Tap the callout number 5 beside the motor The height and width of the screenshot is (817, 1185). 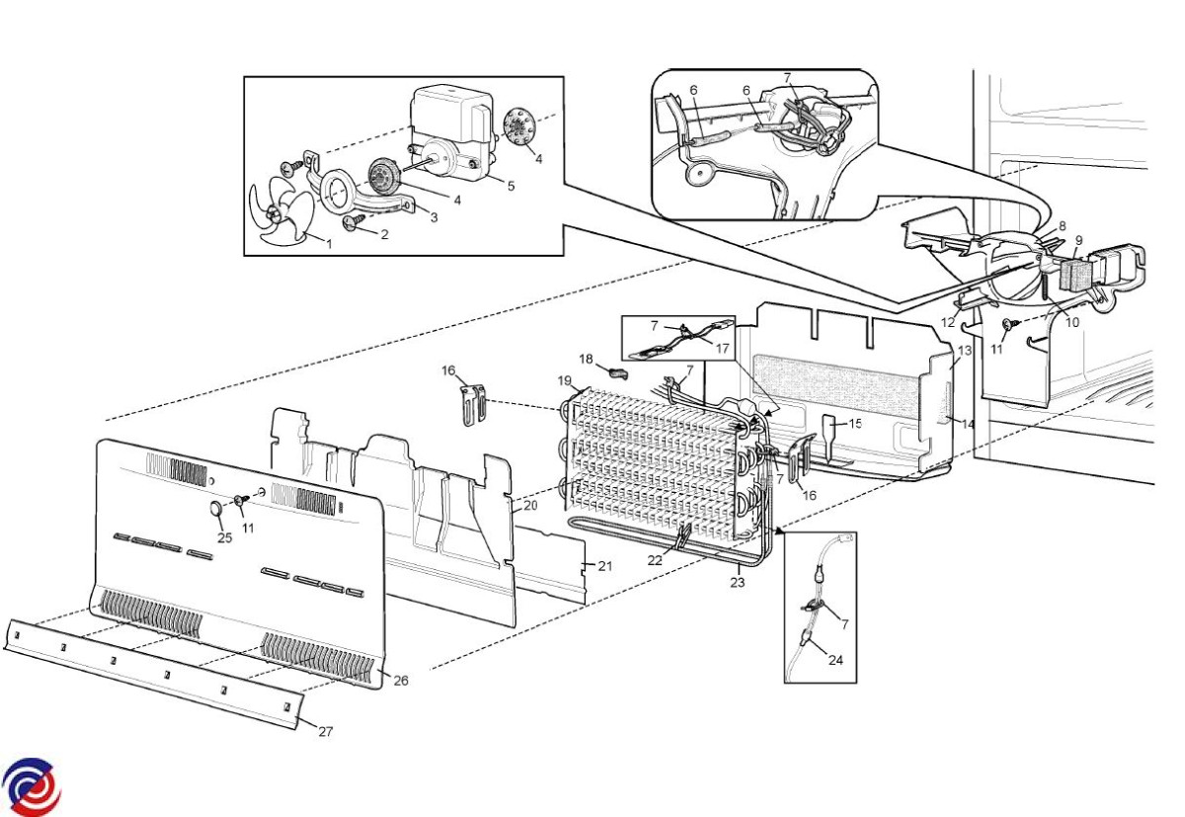coord(511,187)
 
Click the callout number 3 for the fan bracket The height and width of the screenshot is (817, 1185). coord(434,217)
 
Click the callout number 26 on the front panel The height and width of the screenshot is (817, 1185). coord(401,681)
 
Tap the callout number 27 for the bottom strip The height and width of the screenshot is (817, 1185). coord(325,731)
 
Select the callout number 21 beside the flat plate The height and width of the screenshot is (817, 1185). coord(605,566)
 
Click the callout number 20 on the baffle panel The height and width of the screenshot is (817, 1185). coord(530,506)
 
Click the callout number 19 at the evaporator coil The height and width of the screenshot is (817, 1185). coord(565,381)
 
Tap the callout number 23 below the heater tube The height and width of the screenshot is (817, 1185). coord(738,582)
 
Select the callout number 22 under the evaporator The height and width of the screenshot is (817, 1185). coord(655,560)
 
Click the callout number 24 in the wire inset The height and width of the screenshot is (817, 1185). coord(835,660)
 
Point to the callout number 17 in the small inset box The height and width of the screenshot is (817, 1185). coord(722,348)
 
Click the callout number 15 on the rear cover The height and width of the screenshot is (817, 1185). coord(855,423)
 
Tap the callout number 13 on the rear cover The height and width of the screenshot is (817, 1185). coord(965,351)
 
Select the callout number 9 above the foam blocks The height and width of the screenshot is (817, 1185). coord(1078,240)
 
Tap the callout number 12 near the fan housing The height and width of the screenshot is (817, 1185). coord(948,322)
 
